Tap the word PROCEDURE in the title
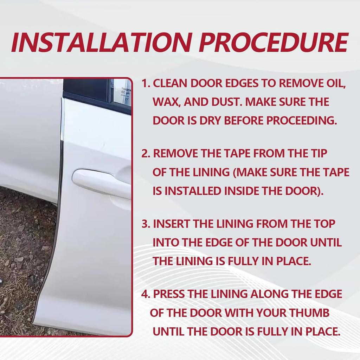[274, 43]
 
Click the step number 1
[146, 84]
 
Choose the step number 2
[146, 154]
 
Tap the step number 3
[146, 224]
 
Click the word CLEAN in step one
[170, 84]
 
